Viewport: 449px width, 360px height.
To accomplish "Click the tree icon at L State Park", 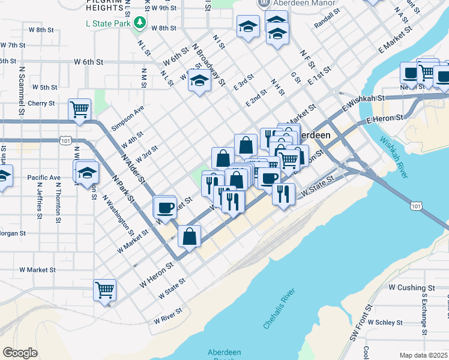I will point(140,22).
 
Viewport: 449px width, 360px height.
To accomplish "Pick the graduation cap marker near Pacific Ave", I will point(87,172).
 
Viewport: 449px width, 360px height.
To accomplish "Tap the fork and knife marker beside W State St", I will point(282,193).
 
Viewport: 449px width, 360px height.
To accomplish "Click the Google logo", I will point(20,352).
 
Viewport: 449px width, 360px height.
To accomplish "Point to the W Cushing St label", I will point(411,288).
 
